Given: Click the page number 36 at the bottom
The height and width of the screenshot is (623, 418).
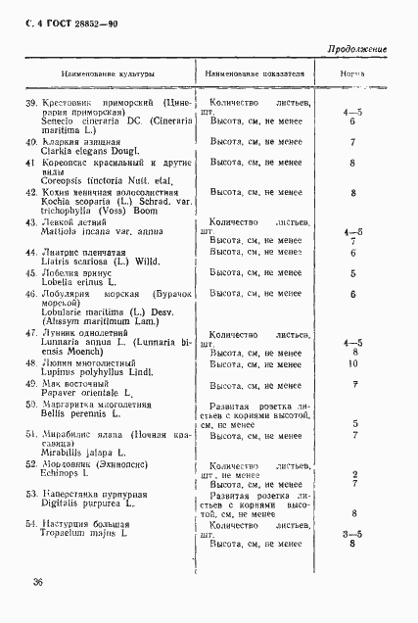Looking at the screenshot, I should point(37,581).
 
